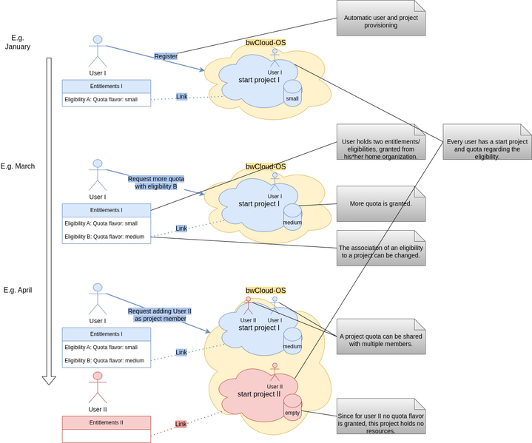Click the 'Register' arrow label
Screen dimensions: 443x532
[x=166, y=56]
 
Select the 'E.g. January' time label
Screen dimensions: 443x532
[x=18, y=42]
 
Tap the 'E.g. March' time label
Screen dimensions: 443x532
[x=18, y=166]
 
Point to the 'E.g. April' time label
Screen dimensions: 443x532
[x=18, y=291]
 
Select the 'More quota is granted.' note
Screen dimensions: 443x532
[x=381, y=203]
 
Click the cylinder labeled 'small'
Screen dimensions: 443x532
[x=292, y=95]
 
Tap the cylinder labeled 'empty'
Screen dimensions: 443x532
[x=292, y=409]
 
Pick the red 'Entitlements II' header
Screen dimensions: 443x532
[x=107, y=423]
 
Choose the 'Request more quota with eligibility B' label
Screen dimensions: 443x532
[x=156, y=183]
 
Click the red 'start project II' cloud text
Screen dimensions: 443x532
[x=259, y=394]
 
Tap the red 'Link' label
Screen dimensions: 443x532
[x=181, y=425]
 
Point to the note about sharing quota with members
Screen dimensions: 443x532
[x=381, y=339]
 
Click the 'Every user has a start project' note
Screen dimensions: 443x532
[x=488, y=145]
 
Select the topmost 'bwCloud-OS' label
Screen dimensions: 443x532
[x=266, y=43]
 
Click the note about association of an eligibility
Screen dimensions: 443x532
[x=381, y=247]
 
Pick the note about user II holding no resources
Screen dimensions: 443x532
[x=381, y=419]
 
